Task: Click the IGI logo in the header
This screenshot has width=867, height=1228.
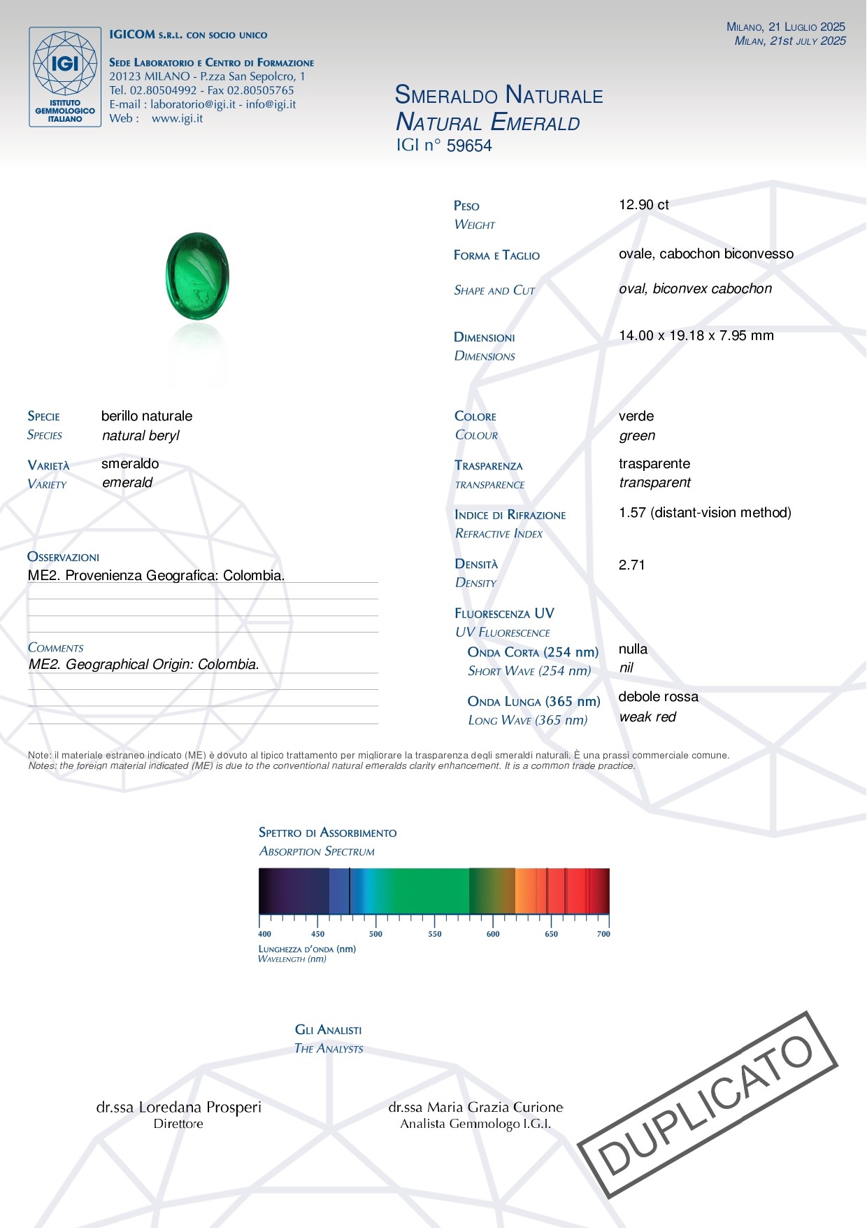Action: pos(65,77)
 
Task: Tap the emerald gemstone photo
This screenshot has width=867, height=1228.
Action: pos(197,277)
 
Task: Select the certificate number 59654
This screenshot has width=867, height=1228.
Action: pos(469,146)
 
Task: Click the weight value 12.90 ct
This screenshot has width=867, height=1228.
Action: pos(643,205)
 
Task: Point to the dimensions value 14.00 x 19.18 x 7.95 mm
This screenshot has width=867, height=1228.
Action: pos(696,336)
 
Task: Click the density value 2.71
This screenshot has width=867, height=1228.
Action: pos(631,565)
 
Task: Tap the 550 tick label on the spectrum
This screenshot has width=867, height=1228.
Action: pos(435,934)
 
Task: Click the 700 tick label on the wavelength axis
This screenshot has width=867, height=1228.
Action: pos(603,934)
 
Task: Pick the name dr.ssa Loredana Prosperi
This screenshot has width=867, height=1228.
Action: pos(178,1108)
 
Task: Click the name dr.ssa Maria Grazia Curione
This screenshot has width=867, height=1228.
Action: pos(475,1108)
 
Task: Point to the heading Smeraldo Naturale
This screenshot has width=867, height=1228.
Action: pos(499,95)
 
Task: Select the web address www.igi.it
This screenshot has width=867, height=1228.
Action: pos(177,119)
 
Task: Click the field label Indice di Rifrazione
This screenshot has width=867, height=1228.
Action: pos(510,515)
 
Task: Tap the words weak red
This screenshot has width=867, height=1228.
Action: pos(647,717)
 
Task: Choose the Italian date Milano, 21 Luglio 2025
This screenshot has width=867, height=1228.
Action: pos(785,27)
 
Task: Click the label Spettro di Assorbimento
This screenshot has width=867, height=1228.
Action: pos(327,833)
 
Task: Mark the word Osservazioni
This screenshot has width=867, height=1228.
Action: pos(63,557)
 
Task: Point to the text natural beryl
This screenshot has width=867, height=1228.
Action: pos(141,436)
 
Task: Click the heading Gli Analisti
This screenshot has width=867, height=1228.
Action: pos(328,1030)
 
